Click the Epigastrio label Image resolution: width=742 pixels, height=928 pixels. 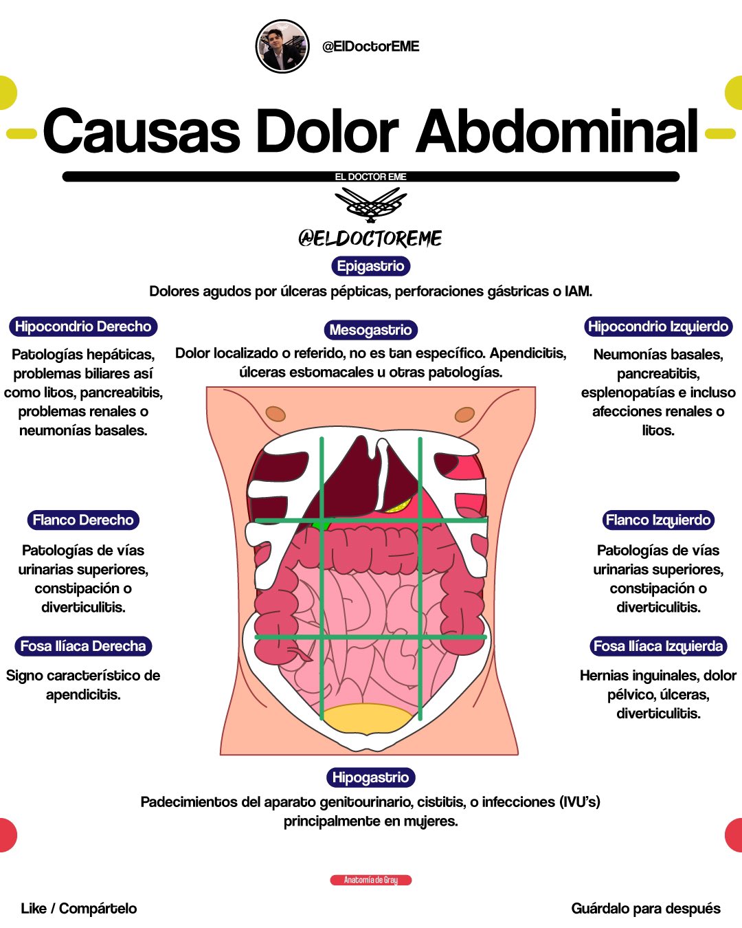pos(370,266)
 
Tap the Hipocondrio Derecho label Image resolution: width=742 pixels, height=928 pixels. pos(83,327)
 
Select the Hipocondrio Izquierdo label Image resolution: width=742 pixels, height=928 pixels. pos(658,327)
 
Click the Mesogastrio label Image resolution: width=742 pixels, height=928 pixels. pos(370,330)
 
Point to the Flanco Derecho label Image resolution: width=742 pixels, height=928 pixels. pos(83,520)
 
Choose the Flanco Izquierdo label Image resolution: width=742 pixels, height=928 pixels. pos(658,520)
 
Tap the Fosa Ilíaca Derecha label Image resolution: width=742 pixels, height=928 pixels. pos(83,646)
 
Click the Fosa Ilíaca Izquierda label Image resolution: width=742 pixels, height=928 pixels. pos(658,646)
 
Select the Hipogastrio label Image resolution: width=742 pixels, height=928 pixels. pos(370,777)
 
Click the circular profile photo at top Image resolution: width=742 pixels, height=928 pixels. pos(282,47)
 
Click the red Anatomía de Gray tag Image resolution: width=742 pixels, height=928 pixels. pos(370,880)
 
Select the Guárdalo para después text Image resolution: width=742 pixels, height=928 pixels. pos(646,909)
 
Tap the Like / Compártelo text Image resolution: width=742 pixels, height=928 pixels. pos(79,909)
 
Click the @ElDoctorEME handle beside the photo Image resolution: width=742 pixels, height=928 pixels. pos(371,47)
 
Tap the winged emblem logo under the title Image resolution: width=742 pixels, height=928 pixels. pos(370,204)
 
